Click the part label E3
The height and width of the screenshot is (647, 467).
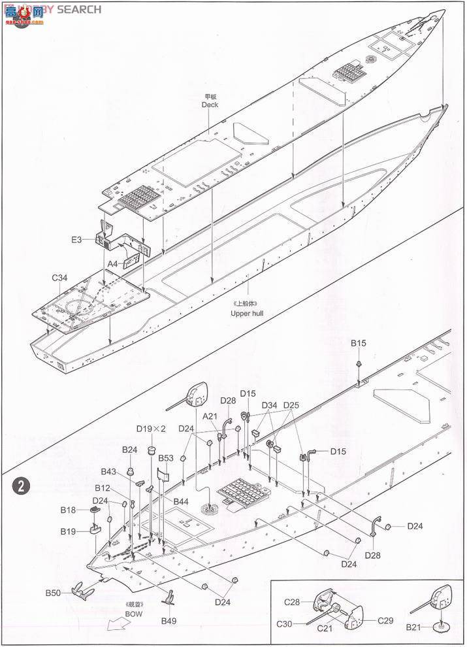click(77, 240)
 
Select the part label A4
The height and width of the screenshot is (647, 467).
click(113, 263)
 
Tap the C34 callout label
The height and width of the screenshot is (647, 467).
click(60, 278)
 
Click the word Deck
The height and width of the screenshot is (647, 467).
click(210, 105)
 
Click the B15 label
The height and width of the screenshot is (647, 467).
click(359, 342)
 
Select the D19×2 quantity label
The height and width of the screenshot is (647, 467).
click(152, 429)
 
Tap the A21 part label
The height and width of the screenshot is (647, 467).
click(210, 416)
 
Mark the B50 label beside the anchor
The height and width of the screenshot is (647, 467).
click(54, 593)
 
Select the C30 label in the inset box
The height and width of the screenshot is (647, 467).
click(284, 624)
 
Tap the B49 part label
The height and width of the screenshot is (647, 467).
click(169, 620)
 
